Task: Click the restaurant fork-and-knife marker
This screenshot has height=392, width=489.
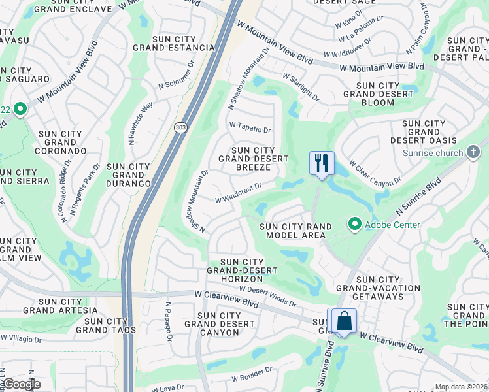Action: pos(321,163)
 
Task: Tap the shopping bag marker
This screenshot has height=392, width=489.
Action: pos(343,321)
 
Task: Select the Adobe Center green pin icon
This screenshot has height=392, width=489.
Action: pos(355,225)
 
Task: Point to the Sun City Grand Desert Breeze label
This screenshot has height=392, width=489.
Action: pos(253,159)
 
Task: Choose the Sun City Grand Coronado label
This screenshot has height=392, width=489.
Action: pos(60,142)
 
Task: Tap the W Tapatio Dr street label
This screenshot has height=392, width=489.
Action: pos(249,127)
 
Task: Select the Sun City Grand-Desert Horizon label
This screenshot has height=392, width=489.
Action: pos(243,270)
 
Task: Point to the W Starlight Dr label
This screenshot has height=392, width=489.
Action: pos(301,88)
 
